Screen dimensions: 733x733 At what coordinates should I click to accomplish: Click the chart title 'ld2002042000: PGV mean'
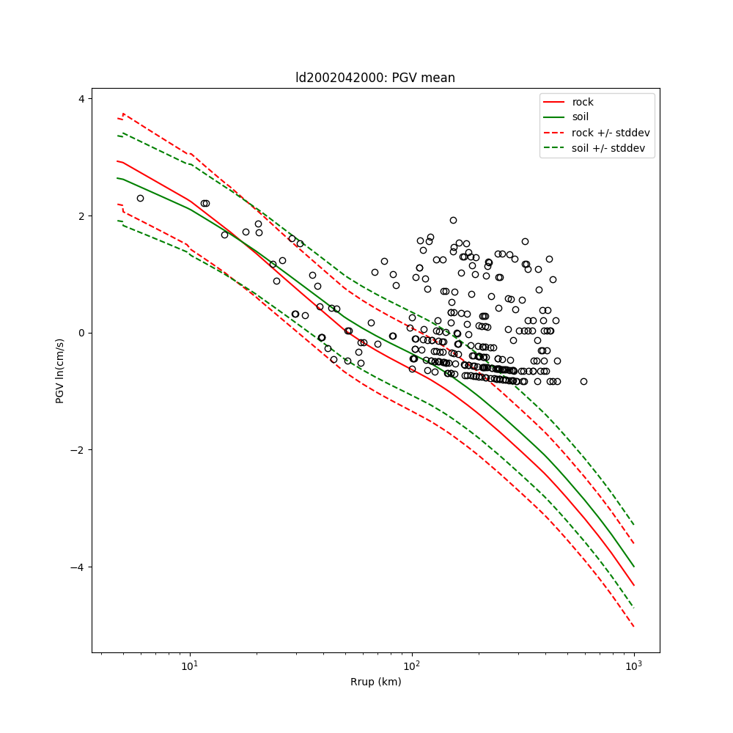coord(375,78)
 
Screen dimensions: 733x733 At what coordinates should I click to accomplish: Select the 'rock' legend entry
coord(583,102)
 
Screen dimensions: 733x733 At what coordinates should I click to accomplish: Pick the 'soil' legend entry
coord(581,117)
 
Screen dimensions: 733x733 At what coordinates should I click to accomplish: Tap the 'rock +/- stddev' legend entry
coord(611,133)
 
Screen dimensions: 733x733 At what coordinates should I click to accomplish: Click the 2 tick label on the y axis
coord(81,216)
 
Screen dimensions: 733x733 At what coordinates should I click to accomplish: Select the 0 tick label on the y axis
coord(81,333)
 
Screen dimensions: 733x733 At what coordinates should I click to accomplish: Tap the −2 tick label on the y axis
coord(78,450)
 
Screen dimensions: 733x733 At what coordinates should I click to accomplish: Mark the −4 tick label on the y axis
coord(78,567)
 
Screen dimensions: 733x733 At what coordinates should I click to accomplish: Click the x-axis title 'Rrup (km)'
coord(375,682)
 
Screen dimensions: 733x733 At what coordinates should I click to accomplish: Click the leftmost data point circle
coord(140,198)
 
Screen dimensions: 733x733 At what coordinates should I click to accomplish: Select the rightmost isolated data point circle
coord(583,381)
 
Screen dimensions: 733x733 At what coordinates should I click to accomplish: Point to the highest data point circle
coord(453,220)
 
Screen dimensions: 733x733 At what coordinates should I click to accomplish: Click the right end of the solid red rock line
coord(634,586)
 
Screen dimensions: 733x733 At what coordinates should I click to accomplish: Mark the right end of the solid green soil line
coord(634,567)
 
